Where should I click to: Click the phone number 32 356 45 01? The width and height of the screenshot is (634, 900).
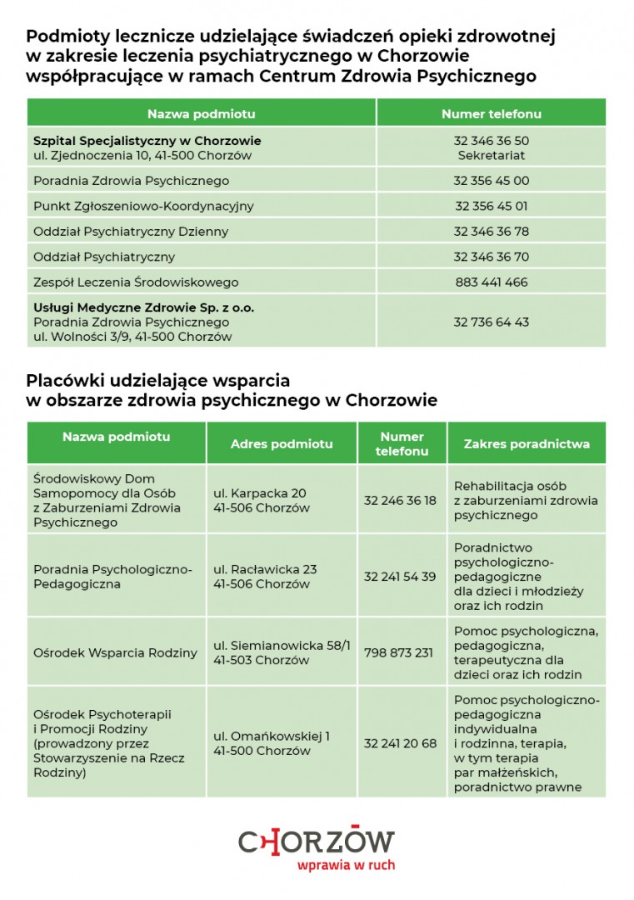(x=491, y=206)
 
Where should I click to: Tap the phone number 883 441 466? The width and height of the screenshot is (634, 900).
(x=491, y=282)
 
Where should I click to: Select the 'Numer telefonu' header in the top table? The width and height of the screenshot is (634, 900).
(x=491, y=113)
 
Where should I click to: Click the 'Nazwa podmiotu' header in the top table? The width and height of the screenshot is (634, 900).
(x=201, y=113)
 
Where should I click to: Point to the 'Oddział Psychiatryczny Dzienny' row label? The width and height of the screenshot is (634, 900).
(x=131, y=231)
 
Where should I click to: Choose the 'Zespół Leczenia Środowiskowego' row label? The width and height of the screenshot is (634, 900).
(x=136, y=282)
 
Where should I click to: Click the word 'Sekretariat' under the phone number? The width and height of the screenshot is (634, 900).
(x=491, y=155)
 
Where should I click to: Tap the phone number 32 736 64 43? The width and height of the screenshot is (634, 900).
(x=491, y=322)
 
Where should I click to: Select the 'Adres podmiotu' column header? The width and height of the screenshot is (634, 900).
(x=282, y=443)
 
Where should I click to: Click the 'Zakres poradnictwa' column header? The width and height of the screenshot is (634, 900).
(x=527, y=443)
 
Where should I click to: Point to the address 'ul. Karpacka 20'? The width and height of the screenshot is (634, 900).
(x=260, y=492)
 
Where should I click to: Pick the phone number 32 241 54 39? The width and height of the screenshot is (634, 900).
(x=400, y=577)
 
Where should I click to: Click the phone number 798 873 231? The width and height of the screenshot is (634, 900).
(x=399, y=652)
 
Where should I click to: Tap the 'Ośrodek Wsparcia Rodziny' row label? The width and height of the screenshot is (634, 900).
(x=115, y=652)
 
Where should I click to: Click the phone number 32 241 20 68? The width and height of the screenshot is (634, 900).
(x=400, y=743)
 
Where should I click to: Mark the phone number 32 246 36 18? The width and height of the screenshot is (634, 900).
(x=400, y=500)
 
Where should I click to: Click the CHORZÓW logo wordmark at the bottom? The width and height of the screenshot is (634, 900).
(x=317, y=842)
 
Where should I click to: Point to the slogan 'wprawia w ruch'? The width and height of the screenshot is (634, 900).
(x=346, y=865)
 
